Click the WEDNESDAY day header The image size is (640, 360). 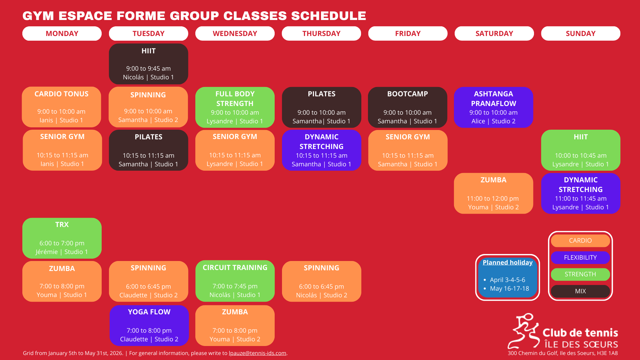[235, 33]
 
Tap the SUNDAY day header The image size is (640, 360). [581, 33]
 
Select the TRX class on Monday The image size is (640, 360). [62, 238]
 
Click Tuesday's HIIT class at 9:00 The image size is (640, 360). [148, 64]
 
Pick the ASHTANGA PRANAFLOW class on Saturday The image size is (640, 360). [493, 107]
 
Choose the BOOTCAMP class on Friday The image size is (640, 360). [408, 107]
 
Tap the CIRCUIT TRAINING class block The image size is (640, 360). [235, 281]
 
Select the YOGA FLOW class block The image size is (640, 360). [149, 325]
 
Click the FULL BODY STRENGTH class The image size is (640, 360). [235, 107]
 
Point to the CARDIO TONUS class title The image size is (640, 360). [62, 94]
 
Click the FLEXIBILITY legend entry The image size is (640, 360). [580, 257]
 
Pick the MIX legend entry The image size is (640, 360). [580, 291]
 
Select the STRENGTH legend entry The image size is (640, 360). [580, 274]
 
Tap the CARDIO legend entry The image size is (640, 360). [580, 240]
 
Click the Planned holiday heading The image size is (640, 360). [508, 263]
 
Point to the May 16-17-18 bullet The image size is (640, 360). [506, 289]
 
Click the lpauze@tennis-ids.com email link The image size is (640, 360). [258, 353]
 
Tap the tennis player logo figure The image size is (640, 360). [523, 331]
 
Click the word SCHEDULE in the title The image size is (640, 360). [329, 16]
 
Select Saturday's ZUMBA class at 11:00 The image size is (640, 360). [493, 193]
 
